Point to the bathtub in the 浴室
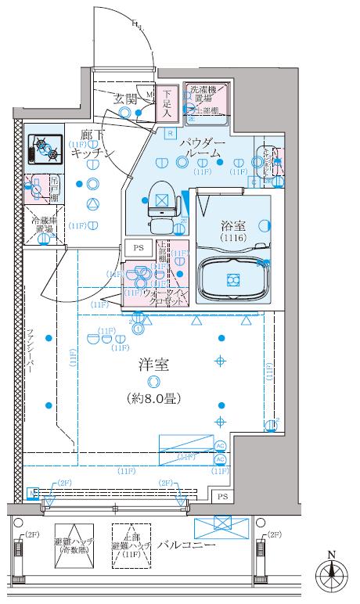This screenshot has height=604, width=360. (x=232, y=279)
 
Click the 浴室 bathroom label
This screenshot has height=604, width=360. (x=232, y=224)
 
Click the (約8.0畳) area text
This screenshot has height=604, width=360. (x=153, y=398)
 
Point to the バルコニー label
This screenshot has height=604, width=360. (x=185, y=544)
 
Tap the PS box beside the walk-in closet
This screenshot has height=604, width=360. (x=139, y=248)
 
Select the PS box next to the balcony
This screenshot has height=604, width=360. (x=223, y=496)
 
